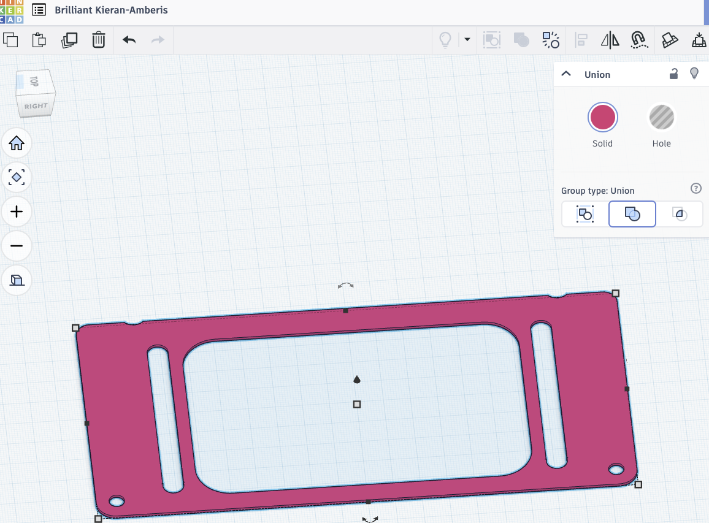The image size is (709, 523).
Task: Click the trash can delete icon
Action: [98, 40]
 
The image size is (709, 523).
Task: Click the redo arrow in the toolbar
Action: [158, 40]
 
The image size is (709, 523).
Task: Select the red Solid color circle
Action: [602, 117]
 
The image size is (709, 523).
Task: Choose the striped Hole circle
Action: [661, 117]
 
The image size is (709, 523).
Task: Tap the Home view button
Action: [17, 143]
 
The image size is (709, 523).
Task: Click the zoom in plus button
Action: [17, 212]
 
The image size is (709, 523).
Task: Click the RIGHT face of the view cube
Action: [36, 106]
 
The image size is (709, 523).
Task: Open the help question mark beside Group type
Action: [696, 188]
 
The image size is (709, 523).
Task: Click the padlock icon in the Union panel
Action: [673, 74]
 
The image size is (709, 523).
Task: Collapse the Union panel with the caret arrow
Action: [566, 74]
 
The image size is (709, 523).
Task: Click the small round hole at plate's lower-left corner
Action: [117, 502]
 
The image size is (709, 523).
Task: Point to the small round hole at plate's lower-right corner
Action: [616, 470]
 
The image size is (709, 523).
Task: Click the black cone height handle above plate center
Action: [357, 380]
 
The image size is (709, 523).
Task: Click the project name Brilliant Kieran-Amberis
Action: [111, 10]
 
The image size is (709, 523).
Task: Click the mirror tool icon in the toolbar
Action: [610, 40]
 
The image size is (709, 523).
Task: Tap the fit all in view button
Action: [17, 178]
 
